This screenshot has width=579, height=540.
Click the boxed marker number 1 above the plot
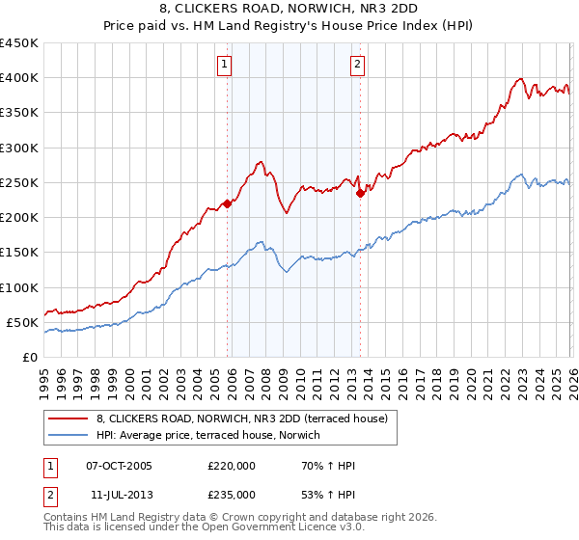tap(224, 65)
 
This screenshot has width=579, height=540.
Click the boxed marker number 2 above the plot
tap(357, 65)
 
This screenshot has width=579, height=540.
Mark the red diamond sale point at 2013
tap(360, 193)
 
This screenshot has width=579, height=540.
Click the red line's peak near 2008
tap(262, 162)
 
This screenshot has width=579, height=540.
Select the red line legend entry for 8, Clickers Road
tap(241, 419)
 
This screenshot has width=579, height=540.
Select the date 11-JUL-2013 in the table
tap(119, 494)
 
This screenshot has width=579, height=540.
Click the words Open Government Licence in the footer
tap(269, 528)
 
